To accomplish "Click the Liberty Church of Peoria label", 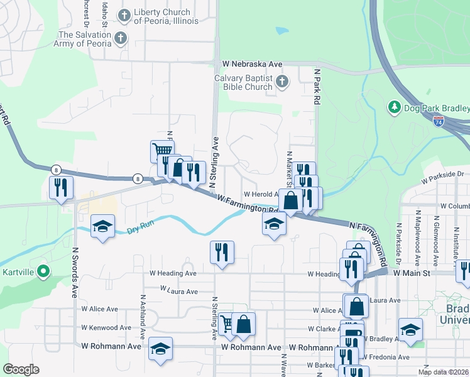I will (166, 17).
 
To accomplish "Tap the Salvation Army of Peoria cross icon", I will (121, 39).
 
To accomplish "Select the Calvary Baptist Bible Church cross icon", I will (283, 81).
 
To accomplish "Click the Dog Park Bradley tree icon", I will (395, 107).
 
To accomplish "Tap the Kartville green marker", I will (43, 272).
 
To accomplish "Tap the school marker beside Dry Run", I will (101, 226).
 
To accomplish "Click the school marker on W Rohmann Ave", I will (160, 349).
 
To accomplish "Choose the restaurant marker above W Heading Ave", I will (221, 252).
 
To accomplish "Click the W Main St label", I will (412, 273).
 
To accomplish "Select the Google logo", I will (21, 369).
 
